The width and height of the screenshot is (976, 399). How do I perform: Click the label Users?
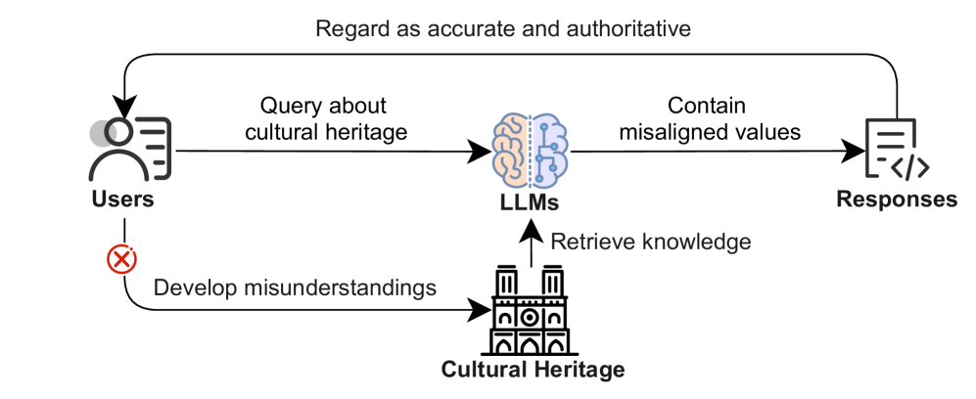point(124,200)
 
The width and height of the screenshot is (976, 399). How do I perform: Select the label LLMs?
point(530,204)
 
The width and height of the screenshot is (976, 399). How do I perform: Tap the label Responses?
point(896,199)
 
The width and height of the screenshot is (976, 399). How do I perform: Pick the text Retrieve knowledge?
point(651,241)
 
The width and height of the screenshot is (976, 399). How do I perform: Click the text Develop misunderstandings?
point(295,290)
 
